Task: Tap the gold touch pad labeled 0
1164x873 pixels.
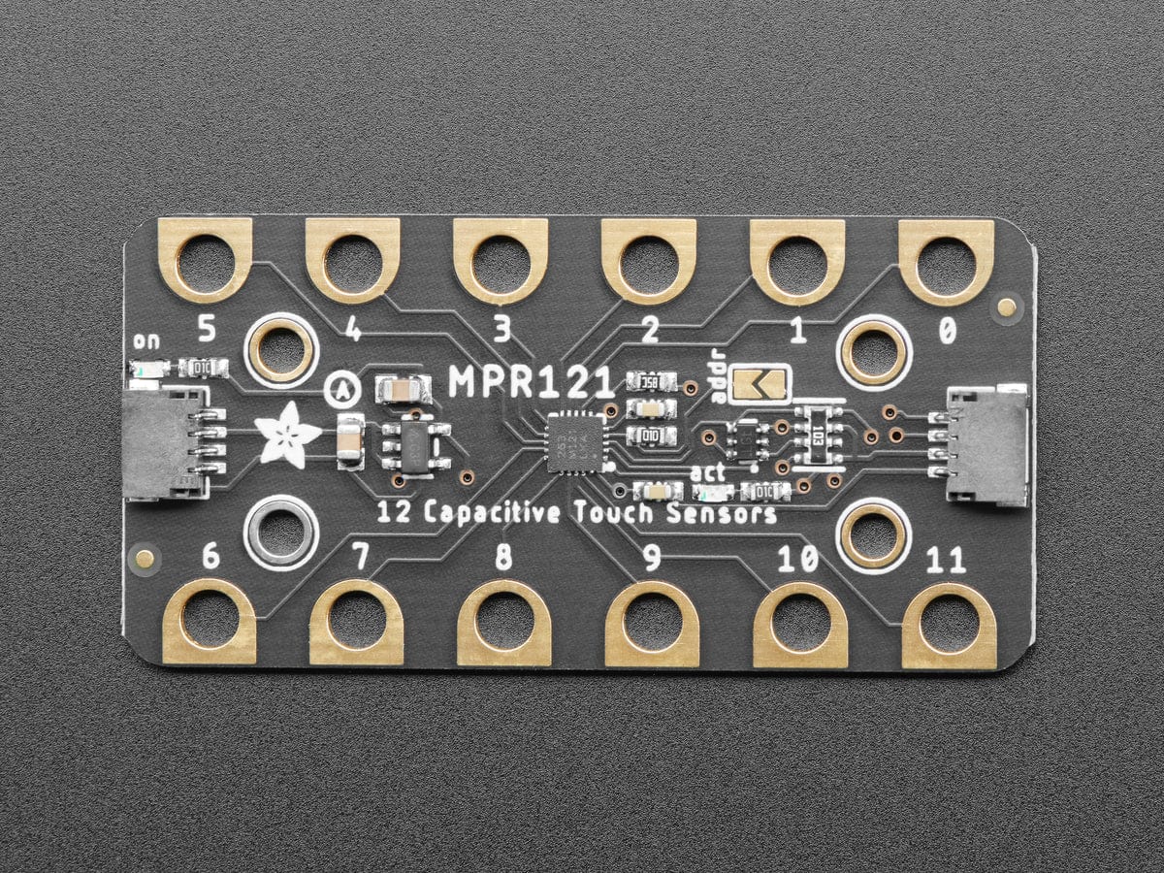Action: point(946,260)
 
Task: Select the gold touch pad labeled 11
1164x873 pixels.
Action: point(949,625)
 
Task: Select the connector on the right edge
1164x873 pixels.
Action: point(989,443)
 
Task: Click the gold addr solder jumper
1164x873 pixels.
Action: point(760,384)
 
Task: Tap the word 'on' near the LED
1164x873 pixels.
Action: point(146,340)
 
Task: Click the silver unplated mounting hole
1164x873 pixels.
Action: point(281,532)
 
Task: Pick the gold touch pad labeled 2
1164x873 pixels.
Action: point(648,260)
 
